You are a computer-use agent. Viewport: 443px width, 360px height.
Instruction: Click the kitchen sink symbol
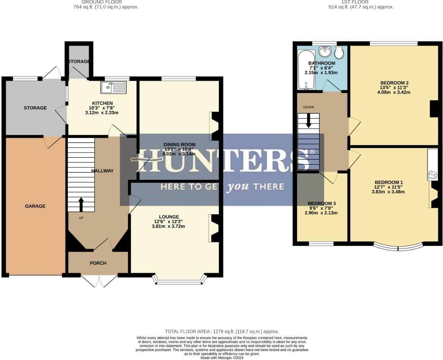(x=114, y=87)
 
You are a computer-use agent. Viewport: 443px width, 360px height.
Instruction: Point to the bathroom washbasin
(x=325, y=52)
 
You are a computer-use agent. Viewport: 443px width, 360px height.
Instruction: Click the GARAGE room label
(x=35, y=206)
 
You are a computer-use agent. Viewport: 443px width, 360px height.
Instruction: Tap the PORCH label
(x=98, y=263)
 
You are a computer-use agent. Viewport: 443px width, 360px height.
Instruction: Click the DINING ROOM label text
(x=179, y=144)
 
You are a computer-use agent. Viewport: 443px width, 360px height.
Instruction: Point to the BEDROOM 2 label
(x=394, y=83)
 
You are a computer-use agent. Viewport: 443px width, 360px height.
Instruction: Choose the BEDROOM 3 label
(x=322, y=203)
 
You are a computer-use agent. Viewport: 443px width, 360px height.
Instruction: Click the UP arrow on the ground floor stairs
(x=81, y=204)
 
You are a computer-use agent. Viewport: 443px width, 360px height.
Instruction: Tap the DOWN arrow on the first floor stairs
(x=308, y=121)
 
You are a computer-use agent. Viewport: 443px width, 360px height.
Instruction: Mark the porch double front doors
(x=99, y=280)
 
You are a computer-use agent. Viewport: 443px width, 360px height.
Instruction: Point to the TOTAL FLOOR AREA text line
(x=222, y=331)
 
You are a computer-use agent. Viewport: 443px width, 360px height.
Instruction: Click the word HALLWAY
(x=102, y=171)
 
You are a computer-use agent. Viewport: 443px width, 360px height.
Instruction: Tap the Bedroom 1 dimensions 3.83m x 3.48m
(x=388, y=192)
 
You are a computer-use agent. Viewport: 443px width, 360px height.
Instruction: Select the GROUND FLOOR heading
(x=102, y=2)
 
